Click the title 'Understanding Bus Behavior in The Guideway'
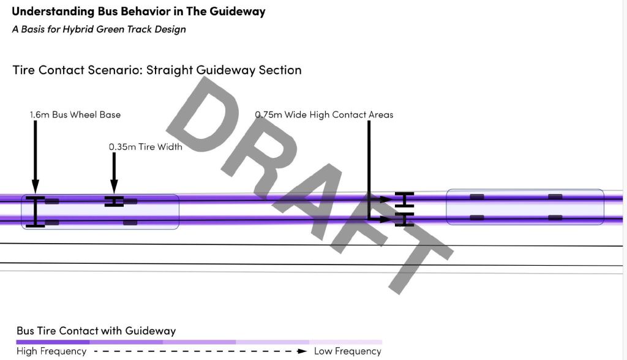pyautogui.click(x=138, y=12)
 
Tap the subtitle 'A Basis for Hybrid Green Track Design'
pyautogui.click(x=99, y=29)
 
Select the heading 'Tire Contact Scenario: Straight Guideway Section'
pyautogui.click(x=157, y=70)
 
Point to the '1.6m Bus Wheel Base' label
pyautogui.click(x=75, y=114)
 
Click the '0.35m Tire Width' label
pyautogui.click(x=145, y=147)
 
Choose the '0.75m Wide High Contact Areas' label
pyautogui.click(x=324, y=114)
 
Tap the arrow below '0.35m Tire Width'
pyautogui.click(x=114, y=174)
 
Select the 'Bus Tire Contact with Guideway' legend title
pyautogui.click(x=96, y=331)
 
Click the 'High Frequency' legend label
pyautogui.click(x=51, y=351)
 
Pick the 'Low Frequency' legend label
pyautogui.click(x=348, y=351)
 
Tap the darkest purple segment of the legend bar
pyautogui.click(x=53, y=342)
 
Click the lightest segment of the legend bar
pyautogui.click(x=345, y=342)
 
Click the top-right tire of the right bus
pyautogui.click(x=555, y=197)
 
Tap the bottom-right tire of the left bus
pyautogui.click(x=130, y=222)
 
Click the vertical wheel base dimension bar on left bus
pyautogui.click(x=36, y=212)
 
